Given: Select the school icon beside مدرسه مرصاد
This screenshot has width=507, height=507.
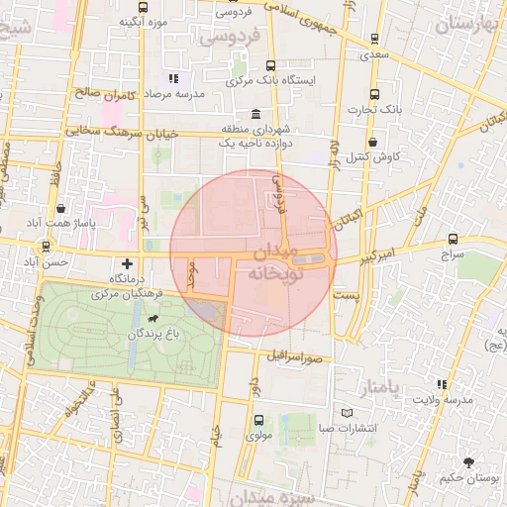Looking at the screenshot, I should click(173, 77).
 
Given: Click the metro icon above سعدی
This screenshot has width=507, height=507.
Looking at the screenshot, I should click(373, 39).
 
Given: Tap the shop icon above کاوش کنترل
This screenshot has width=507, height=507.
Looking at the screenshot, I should click(372, 141).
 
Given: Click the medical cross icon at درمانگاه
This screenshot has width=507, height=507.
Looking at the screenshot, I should click(127, 263).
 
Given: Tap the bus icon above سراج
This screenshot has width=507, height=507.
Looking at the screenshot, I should click(454, 239).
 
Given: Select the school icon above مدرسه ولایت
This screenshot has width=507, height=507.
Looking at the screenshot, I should click(442, 384).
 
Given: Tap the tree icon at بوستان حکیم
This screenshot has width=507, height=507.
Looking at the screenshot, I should click(468, 461).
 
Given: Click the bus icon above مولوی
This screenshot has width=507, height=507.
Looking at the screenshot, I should click(258, 420).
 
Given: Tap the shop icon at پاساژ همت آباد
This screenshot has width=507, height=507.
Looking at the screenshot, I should click(61, 209).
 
